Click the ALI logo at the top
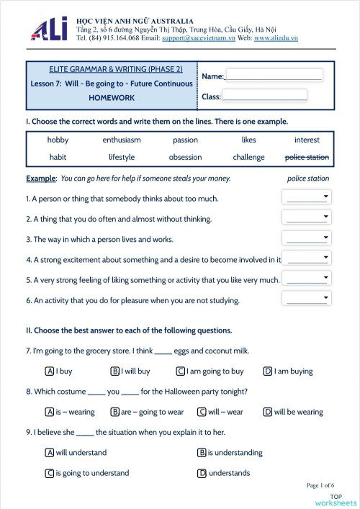[x=50, y=28]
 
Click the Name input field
[x=274, y=75]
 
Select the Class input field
[x=264, y=95]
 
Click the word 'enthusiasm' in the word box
[x=122, y=140]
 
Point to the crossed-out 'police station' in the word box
[x=307, y=157]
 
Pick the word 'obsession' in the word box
[x=185, y=157]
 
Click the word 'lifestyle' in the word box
[x=122, y=157]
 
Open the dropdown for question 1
[x=307, y=197]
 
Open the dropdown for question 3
[x=307, y=238]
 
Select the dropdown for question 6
[x=307, y=299]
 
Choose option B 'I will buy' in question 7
[x=115, y=371]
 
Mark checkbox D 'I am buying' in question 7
[x=268, y=371]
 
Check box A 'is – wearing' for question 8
[x=50, y=413]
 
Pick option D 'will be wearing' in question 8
[x=268, y=413]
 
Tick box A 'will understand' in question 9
[x=50, y=453]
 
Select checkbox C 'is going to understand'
[x=50, y=473]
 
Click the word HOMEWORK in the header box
[x=112, y=96]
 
